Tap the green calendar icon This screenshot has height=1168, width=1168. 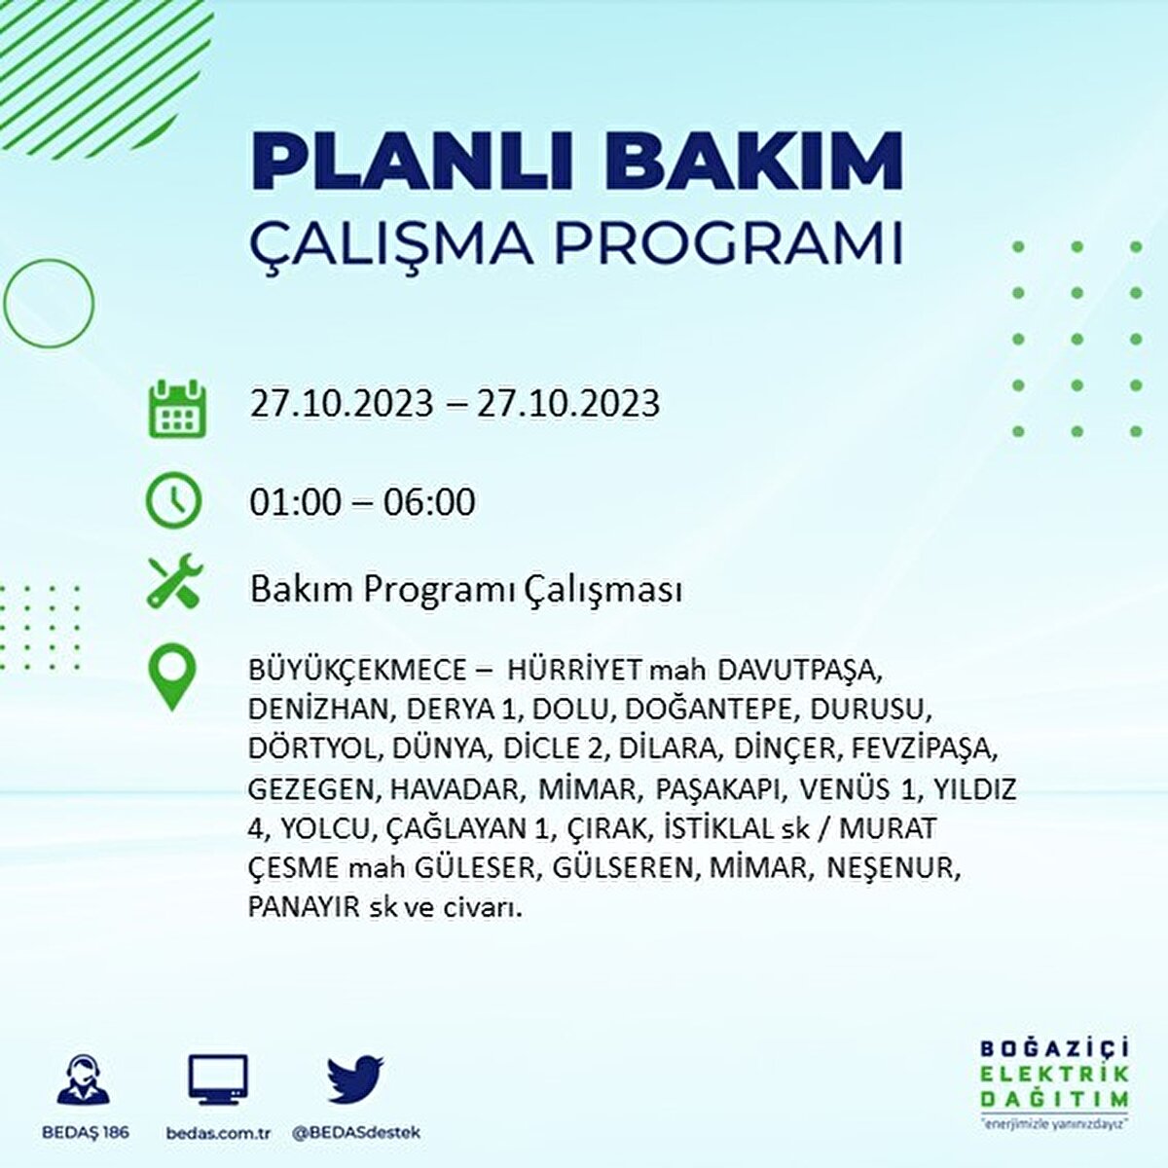pos(176,409)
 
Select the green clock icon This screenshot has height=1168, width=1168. pos(173,501)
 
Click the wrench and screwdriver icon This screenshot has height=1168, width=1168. pos(174,582)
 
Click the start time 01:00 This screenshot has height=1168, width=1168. pos(296,502)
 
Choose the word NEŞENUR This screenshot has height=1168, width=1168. pos(894,868)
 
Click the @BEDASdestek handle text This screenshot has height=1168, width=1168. pos(356,1133)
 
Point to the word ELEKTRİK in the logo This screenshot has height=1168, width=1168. pos(1054,1074)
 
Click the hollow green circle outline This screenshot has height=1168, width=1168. pos(49,304)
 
